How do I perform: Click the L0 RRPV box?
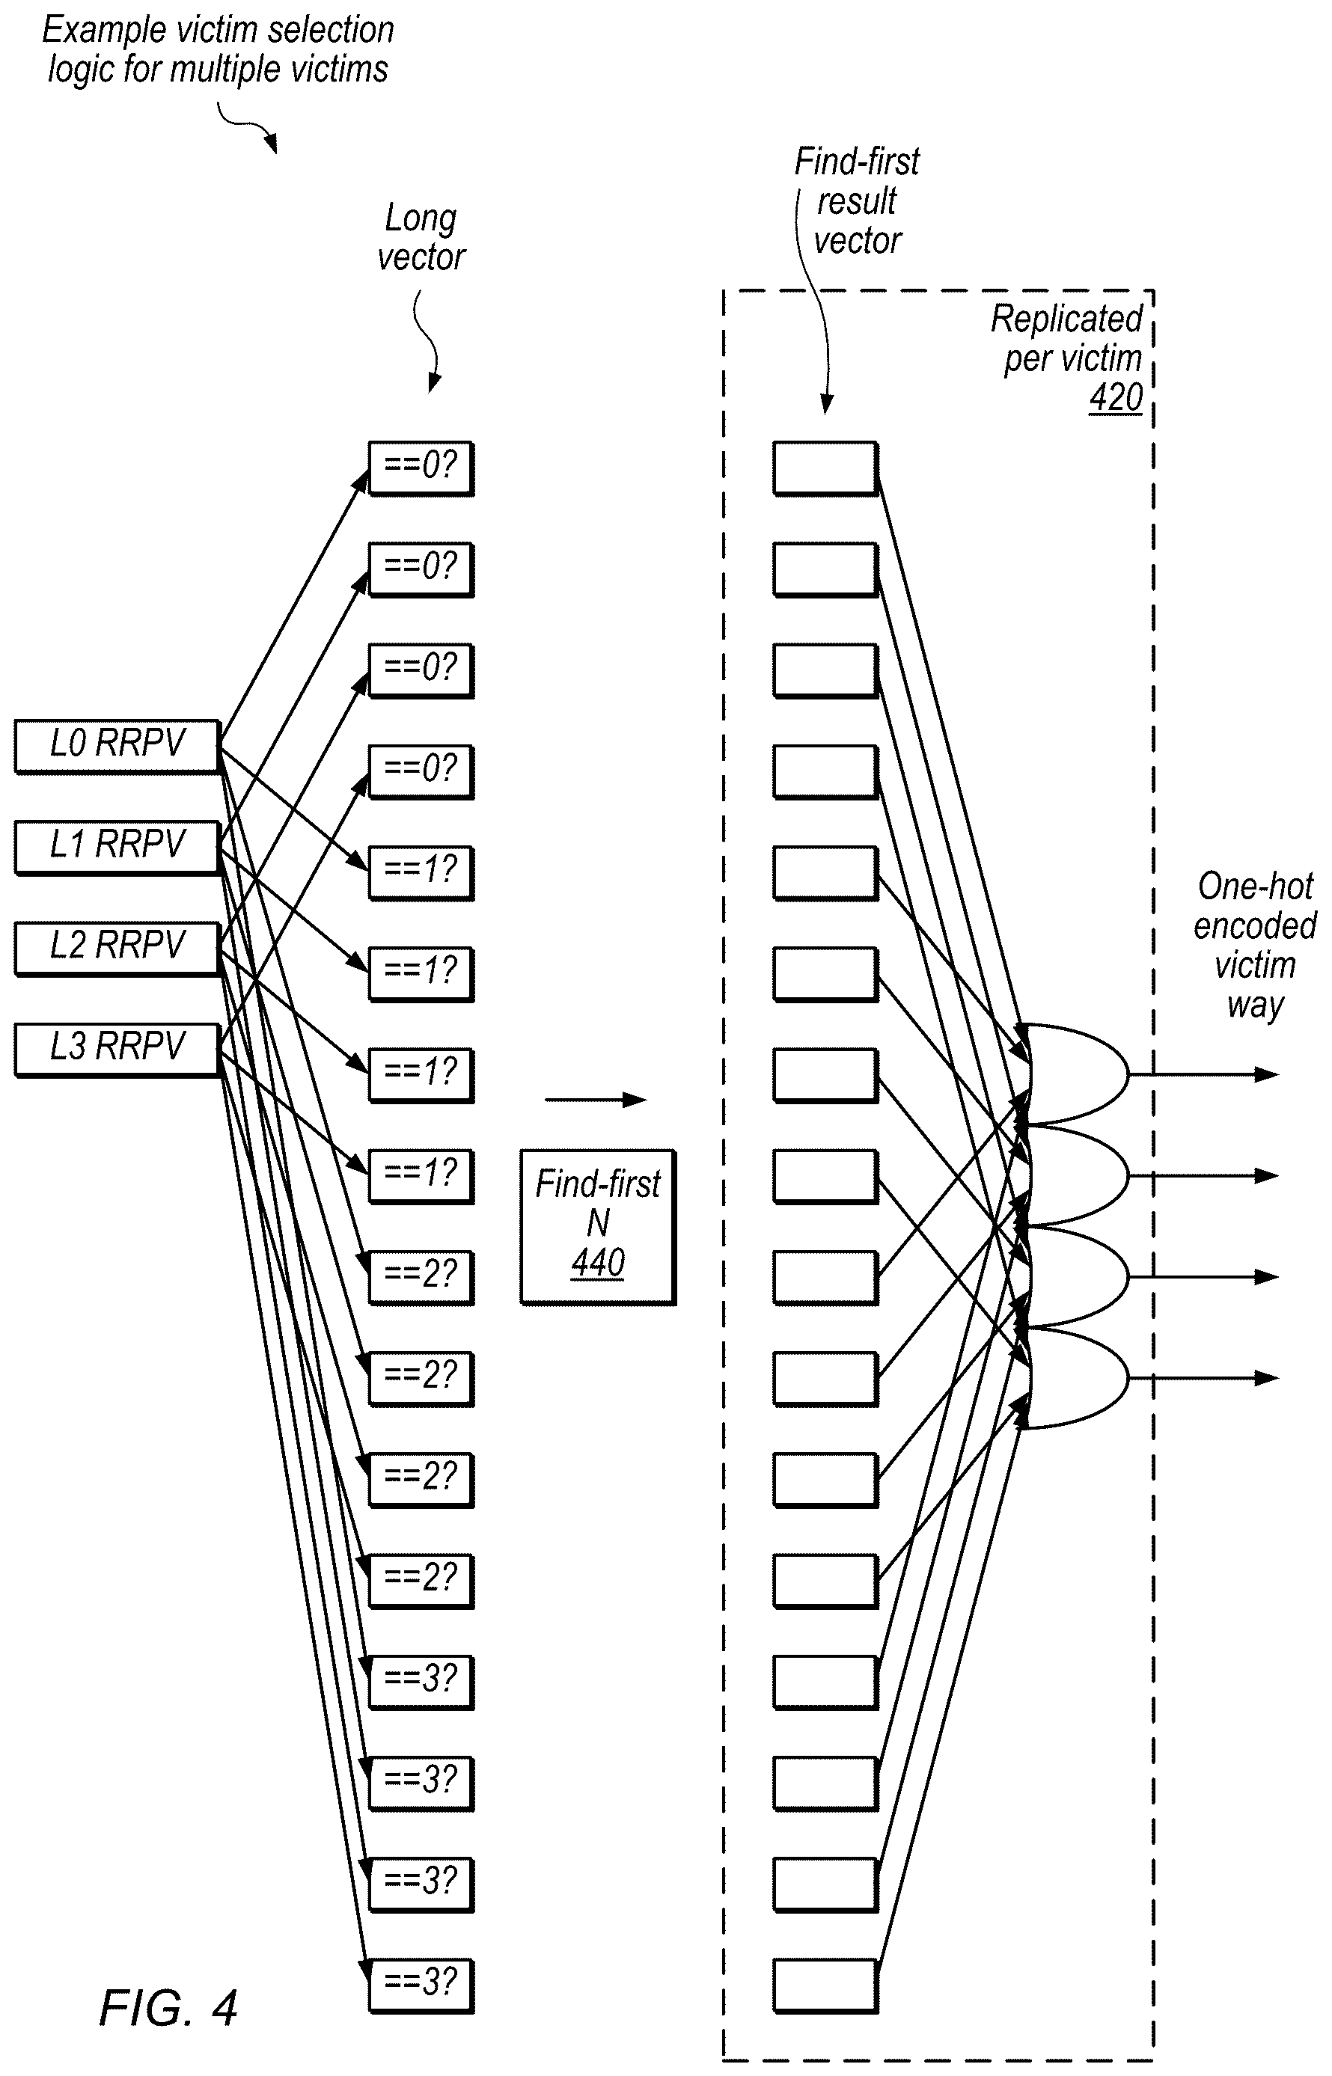tap(117, 745)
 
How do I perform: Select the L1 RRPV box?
tap(117, 846)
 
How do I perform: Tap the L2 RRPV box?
tap(117, 948)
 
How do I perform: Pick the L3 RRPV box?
tap(117, 1049)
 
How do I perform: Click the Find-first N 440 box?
tap(598, 1226)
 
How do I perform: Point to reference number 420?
tap(1116, 398)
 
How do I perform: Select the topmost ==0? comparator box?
tap(421, 468)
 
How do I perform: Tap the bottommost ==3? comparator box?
tap(421, 1984)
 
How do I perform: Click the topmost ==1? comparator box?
tap(421, 872)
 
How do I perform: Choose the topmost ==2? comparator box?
tap(421, 1277)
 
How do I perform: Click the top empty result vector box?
tap(825, 468)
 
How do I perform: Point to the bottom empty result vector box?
tap(825, 1984)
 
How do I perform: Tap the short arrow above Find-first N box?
tap(595, 1100)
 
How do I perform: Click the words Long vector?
tap(421, 238)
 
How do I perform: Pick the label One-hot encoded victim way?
tap(1255, 945)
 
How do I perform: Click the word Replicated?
tap(1066, 319)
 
